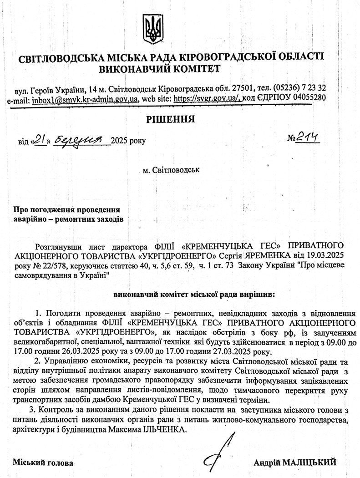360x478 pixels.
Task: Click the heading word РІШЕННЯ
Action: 170,120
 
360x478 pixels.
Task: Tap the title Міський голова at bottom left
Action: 42,463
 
